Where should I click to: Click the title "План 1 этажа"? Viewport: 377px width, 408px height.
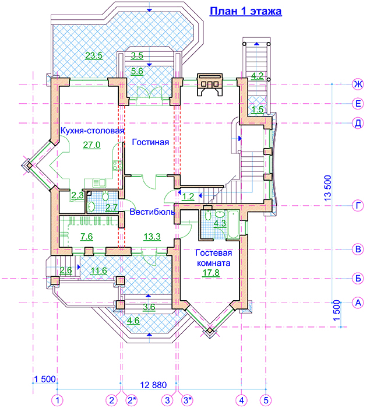click(x=246, y=12)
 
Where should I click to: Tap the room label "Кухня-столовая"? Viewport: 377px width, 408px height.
click(x=93, y=131)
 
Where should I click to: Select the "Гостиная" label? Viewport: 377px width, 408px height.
click(x=150, y=142)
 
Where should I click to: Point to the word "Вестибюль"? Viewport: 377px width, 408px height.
click(x=152, y=212)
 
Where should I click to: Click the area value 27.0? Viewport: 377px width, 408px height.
click(x=92, y=145)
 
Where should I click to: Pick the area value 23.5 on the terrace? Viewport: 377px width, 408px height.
click(x=94, y=55)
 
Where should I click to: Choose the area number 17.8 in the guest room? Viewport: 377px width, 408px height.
click(x=211, y=273)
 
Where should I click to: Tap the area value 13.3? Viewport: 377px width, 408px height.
click(x=152, y=237)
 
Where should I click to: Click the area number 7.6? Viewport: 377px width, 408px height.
click(x=87, y=237)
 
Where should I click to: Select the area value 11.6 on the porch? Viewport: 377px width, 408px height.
click(x=99, y=271)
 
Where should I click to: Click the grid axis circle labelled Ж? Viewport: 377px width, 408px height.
click(x=358, y=85)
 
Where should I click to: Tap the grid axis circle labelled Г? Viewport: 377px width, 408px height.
click(x=358, y=206)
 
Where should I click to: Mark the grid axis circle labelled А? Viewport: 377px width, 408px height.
click(x=358, y=303)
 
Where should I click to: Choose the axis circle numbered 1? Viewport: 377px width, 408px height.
click(x=57, y=400)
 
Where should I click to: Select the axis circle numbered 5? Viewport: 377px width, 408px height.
click(x=266, y=400)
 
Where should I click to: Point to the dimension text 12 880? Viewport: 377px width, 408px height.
click(x=153, y=385)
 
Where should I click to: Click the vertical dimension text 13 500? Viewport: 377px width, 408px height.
click(x=328, y=188)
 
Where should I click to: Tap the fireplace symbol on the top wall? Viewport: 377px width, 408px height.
click(x=210, y=85)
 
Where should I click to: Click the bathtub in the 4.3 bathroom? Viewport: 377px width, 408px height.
click(x=233, y=224)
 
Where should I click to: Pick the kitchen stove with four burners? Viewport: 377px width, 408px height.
click(x=118, y=165)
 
